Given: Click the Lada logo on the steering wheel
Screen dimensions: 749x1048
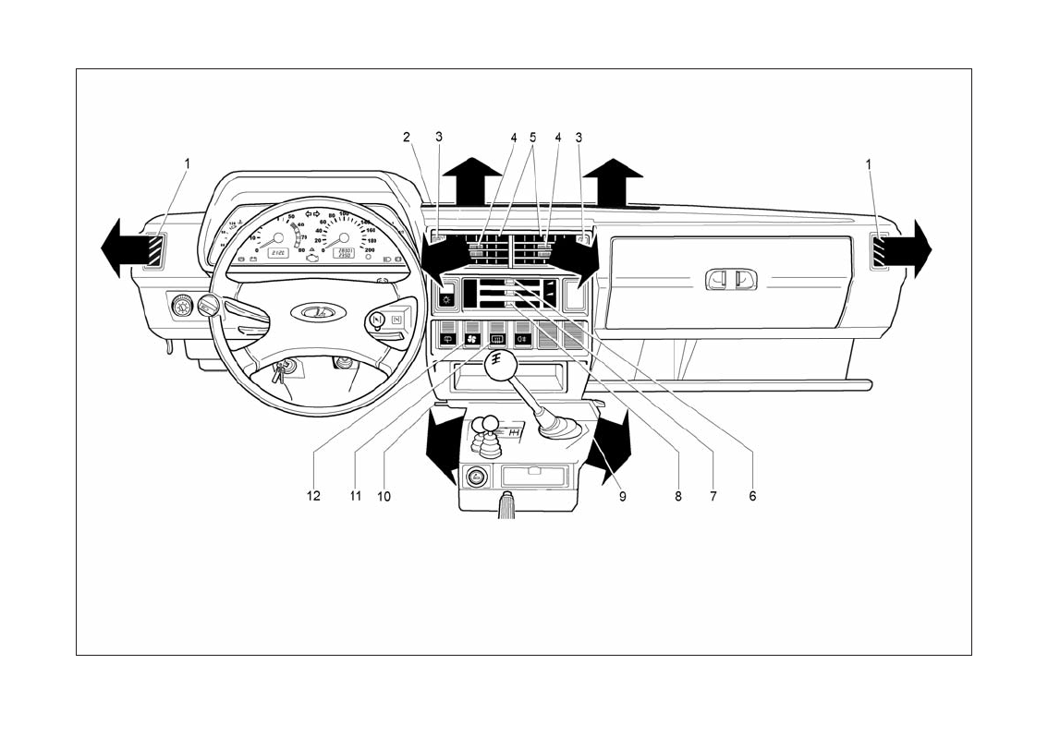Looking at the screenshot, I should [317, 313].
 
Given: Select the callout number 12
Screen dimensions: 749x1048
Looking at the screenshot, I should [314, 496].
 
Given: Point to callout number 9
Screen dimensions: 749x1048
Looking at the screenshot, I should [623, 496].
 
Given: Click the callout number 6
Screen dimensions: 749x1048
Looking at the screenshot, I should [752, 496].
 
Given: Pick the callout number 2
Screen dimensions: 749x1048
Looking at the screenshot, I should [406, 137].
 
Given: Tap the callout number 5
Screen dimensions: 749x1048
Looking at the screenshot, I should [532, 137].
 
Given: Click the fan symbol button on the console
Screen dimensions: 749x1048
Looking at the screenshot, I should [472, 339].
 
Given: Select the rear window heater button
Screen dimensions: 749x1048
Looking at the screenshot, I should [496, 339].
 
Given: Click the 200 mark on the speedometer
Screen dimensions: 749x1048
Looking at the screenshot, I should [370, 249].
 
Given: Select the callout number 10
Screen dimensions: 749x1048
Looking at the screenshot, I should [384, 496].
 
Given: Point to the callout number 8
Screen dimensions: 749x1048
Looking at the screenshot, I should [678, 496].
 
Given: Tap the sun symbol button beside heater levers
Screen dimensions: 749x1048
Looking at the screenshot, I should [447, 298].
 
